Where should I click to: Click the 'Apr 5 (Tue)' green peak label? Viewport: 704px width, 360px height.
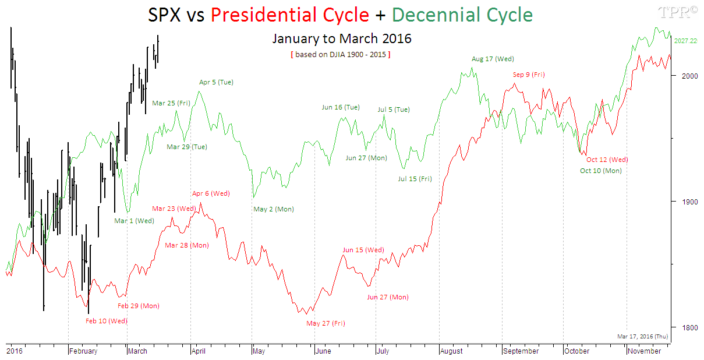(216, 82)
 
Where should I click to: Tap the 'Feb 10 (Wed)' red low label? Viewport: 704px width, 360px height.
(106, 321)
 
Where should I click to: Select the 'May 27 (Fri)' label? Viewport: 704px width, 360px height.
(326, 323)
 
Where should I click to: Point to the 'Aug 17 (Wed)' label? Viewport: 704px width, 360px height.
(493, 59)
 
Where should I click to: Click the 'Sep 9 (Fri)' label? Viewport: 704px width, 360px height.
(529, 75)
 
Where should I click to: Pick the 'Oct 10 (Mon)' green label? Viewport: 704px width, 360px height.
(600, 171)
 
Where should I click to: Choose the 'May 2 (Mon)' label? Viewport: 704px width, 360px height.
(274, 209)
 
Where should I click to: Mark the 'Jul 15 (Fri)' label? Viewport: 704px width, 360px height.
(415, 179)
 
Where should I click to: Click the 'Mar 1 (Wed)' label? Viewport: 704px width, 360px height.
(134, 221)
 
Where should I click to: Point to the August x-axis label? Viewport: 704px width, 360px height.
(452, 351)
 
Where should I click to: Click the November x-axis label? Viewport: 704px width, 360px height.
(644, 351)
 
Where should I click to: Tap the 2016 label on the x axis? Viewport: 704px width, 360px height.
(14, 351)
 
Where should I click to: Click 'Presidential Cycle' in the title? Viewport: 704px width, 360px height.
(290, 15)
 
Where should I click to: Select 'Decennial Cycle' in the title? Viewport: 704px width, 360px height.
(462, 15)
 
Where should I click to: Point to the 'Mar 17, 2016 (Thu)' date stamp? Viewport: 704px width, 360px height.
(642, 336)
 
